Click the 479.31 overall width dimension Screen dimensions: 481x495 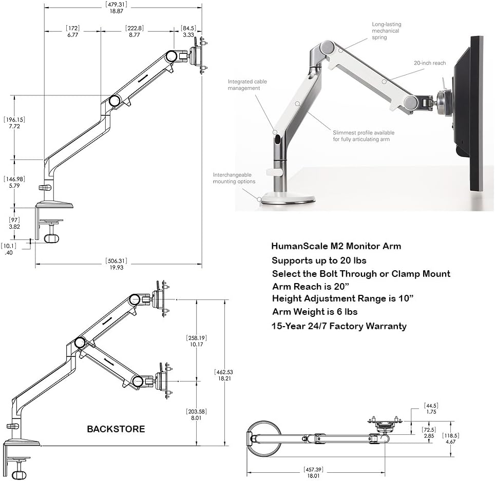(x=116, y=8)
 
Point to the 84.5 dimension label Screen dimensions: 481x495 (x=188, y=31)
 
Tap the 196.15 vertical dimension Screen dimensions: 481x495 (x=14, y=123)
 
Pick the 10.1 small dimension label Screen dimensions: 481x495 (x=9, y=249)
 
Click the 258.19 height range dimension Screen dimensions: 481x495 (x=197, y=341)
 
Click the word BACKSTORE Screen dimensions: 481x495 (x=116, y=429)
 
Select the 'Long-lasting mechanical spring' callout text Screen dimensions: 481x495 (x=386, y=31)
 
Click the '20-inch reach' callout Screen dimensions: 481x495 (x=430, y=63)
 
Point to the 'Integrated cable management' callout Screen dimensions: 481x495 (x=247, y=85)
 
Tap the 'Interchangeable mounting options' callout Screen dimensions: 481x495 (x=234, y=178)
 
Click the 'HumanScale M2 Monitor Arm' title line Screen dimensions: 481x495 (x=336, y=246)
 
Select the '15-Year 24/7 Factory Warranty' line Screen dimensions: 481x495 (x=339, y=326)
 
